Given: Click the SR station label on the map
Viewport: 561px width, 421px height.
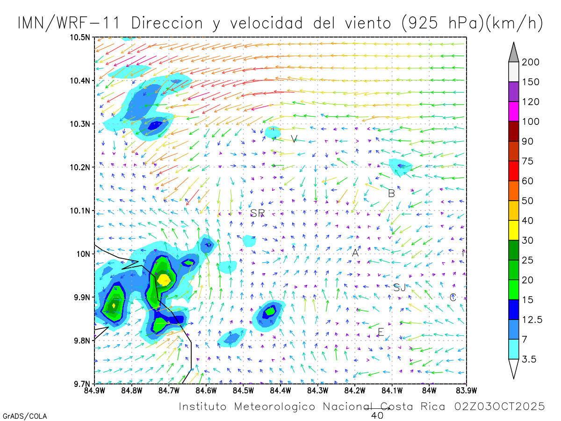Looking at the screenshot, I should [258, 213].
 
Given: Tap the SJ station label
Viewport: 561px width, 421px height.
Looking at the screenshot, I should [399, 288].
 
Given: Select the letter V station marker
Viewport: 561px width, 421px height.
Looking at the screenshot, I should [294, 139].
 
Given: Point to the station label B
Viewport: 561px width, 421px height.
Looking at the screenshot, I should [392, 193].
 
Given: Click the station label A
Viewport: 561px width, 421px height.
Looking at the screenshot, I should [355, 253].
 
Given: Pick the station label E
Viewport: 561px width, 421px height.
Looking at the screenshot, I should [381, 333].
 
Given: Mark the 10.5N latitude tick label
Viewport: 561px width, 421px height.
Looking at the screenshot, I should [80, 37].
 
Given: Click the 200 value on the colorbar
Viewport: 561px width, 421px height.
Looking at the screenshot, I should [531, 62].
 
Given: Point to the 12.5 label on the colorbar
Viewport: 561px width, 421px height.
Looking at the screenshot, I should [532, 320].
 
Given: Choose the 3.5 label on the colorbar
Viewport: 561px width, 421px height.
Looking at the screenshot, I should [529, 359].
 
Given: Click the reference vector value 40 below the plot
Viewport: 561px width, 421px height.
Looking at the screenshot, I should [377, 415].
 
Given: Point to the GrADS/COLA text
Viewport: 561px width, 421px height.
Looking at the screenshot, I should [25, 416].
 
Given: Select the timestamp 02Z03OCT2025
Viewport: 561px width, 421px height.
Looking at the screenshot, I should [500, 406].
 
